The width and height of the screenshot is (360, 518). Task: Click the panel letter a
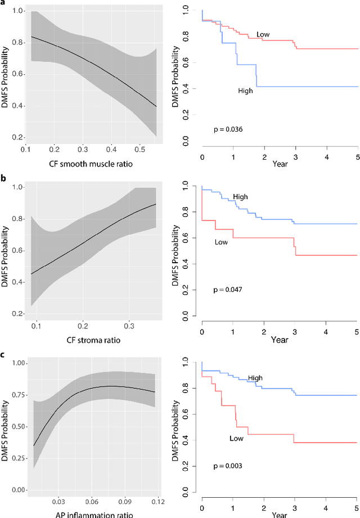tap(3, 3)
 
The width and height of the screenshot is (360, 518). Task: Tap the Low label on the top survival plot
tap(263, 35)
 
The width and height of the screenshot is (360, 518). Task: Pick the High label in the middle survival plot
tap(240, 197)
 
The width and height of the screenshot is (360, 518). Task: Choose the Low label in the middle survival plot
tap(221, 242)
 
